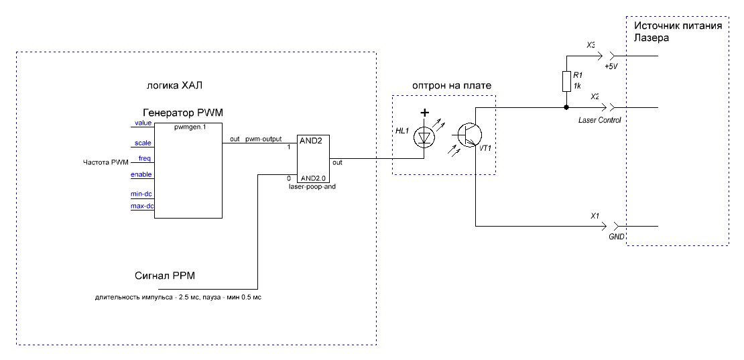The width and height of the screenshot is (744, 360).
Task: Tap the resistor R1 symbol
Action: pyautogui.click(x=566, y=81)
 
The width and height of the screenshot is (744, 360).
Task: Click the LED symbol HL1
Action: pyautogui.click(x=424, y=135)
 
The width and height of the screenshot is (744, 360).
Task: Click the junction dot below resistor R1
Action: pyautogui.click(x=566, y=107)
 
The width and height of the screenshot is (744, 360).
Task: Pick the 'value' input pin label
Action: pyautogui.click(x=143, y=123)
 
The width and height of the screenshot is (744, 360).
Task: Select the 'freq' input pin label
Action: pyautogui.click(x=144, y=158)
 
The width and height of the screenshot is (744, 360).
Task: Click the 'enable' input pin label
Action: pyautogui.click(x=141, y=174)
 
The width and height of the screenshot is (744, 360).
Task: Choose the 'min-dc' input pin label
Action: pyautogui.click(x=141, y=194)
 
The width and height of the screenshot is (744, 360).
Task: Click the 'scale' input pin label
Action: pyautogui.click(x=143, y=143)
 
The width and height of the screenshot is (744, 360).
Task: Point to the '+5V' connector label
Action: pyautogui.click(x=611, y=67)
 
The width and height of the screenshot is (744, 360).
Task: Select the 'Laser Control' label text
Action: pyautogui.click(x=600, y=119)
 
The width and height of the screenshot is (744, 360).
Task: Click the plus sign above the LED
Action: pyautogui.click(x=424, y=114)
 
